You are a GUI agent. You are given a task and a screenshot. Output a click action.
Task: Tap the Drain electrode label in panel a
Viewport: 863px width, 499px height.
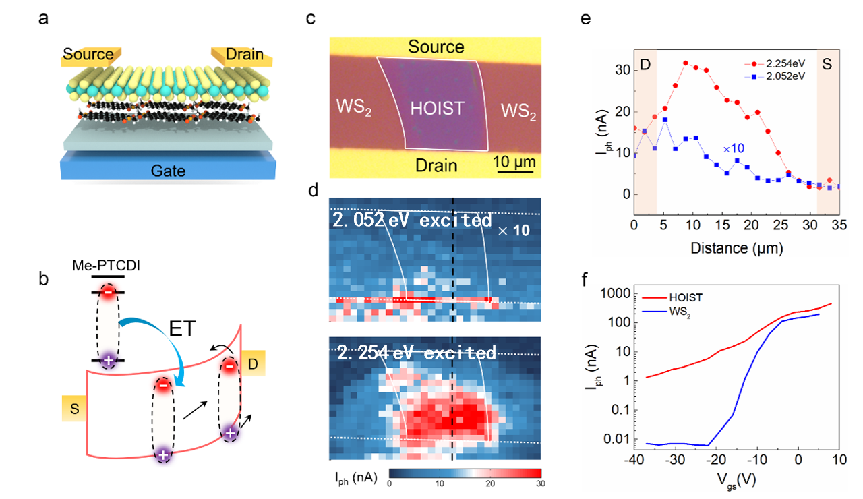pyautogui.click(x=244, y=54)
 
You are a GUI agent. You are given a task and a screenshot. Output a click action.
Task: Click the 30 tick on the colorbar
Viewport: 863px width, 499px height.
pyautogui.click(x=540, y=483)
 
